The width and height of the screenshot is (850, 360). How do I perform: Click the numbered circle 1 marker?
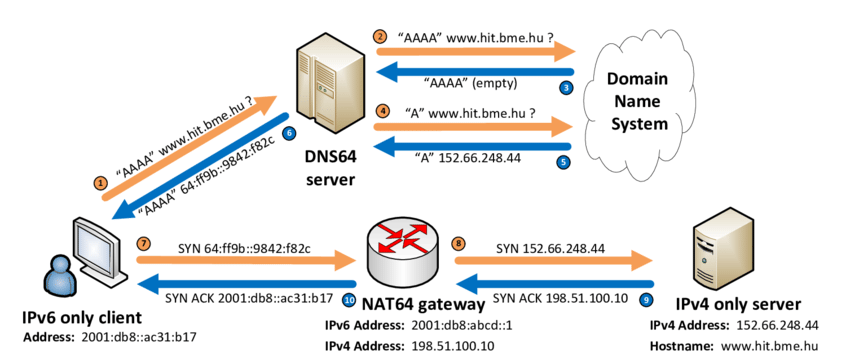point(99,183)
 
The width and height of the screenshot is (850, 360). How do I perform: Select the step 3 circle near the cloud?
point(566,89)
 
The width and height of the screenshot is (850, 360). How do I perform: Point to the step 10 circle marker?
point(349,298)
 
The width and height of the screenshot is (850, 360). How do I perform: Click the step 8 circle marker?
point(459,242)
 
